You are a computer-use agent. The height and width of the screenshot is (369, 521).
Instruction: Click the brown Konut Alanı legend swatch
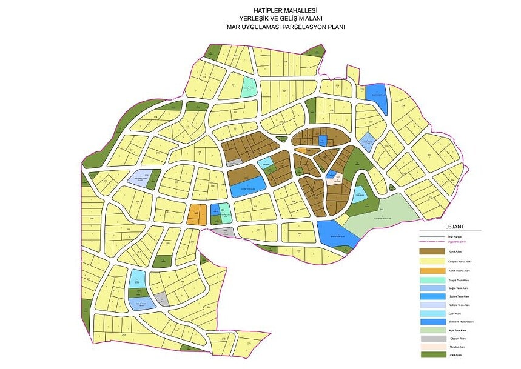[x=431, y=251]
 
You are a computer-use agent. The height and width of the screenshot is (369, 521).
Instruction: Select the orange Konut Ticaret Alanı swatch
[x=431, y=270]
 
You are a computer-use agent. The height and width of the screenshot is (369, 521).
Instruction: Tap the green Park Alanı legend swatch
[x=431, y=355]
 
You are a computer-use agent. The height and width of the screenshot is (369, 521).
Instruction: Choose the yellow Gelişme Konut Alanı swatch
[x=431, y=261]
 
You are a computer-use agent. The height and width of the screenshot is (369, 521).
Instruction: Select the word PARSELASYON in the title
[x=309, y=27]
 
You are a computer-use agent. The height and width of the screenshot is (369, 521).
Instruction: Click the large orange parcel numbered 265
[x=195, y=214]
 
